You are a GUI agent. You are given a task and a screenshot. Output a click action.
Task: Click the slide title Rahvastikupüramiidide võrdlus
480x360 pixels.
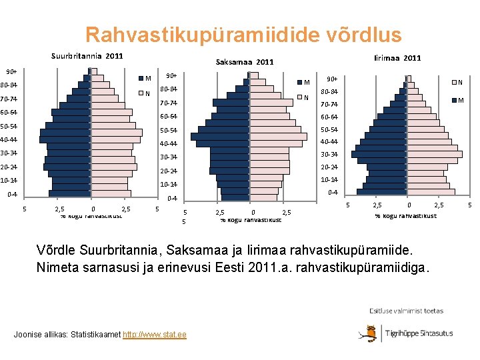[243, 35]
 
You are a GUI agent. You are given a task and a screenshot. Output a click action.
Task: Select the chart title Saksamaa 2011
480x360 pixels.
[245, 62]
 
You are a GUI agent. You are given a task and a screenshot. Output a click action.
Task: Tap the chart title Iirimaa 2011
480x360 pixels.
[397, 59]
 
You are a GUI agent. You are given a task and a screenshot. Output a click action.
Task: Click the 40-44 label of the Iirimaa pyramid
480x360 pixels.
[329, 141]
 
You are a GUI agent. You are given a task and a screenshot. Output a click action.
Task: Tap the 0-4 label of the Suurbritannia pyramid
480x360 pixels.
[12, 195]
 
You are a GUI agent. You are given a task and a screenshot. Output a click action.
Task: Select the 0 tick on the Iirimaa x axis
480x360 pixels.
[409, 205]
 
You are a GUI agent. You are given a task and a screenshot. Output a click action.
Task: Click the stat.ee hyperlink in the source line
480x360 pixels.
[155, 334]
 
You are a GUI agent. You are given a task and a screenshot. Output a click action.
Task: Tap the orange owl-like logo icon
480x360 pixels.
[367, 333]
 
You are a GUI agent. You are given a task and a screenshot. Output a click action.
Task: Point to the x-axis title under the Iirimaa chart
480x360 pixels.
[405, 215]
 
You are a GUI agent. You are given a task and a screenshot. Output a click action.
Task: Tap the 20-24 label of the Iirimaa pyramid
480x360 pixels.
[329, 167]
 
